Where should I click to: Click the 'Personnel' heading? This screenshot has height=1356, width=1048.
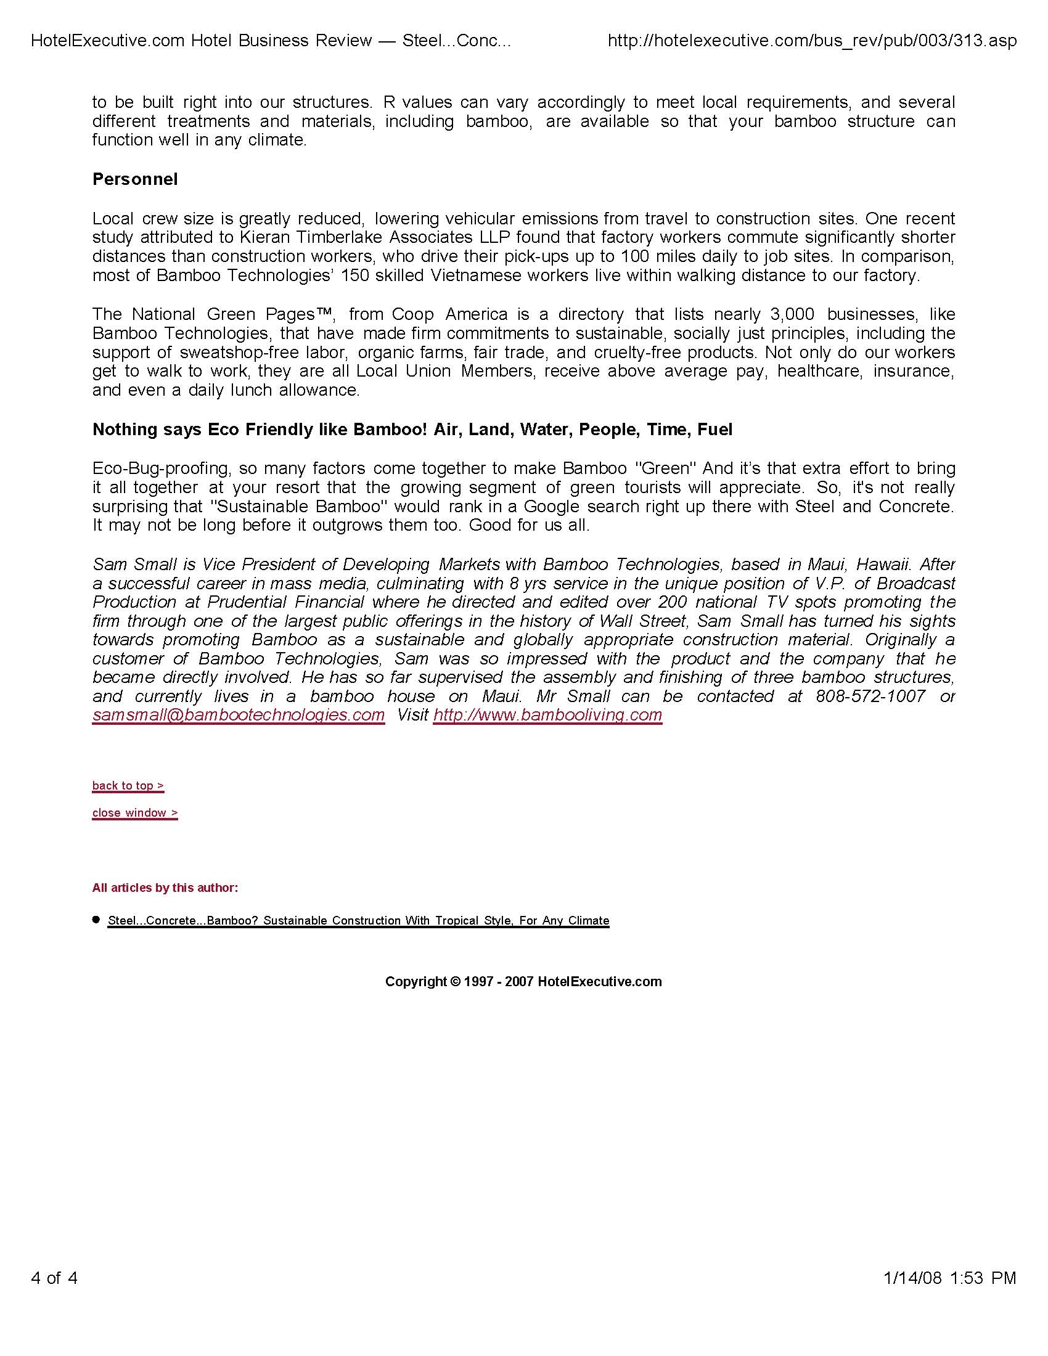(x=135, y=179)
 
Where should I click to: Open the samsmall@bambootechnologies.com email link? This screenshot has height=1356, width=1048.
(x=239, y=714)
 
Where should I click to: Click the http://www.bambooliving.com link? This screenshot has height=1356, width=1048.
(x=547, y=714)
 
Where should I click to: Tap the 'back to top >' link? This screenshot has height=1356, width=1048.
(x=128, y=785)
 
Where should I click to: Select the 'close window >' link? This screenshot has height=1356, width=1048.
(x=135, y=813)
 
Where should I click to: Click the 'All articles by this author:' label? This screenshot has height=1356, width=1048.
(x=165, y=888)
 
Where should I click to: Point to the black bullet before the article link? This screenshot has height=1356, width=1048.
(x=96, y=920)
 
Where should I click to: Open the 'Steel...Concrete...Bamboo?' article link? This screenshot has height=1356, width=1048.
(x=358, y=921)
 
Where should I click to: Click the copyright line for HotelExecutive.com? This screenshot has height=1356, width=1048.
(x=523, y=982)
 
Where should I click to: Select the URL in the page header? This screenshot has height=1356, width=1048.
(x=812, y=41)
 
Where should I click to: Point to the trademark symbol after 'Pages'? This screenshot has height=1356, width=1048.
(x=325, y=313)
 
